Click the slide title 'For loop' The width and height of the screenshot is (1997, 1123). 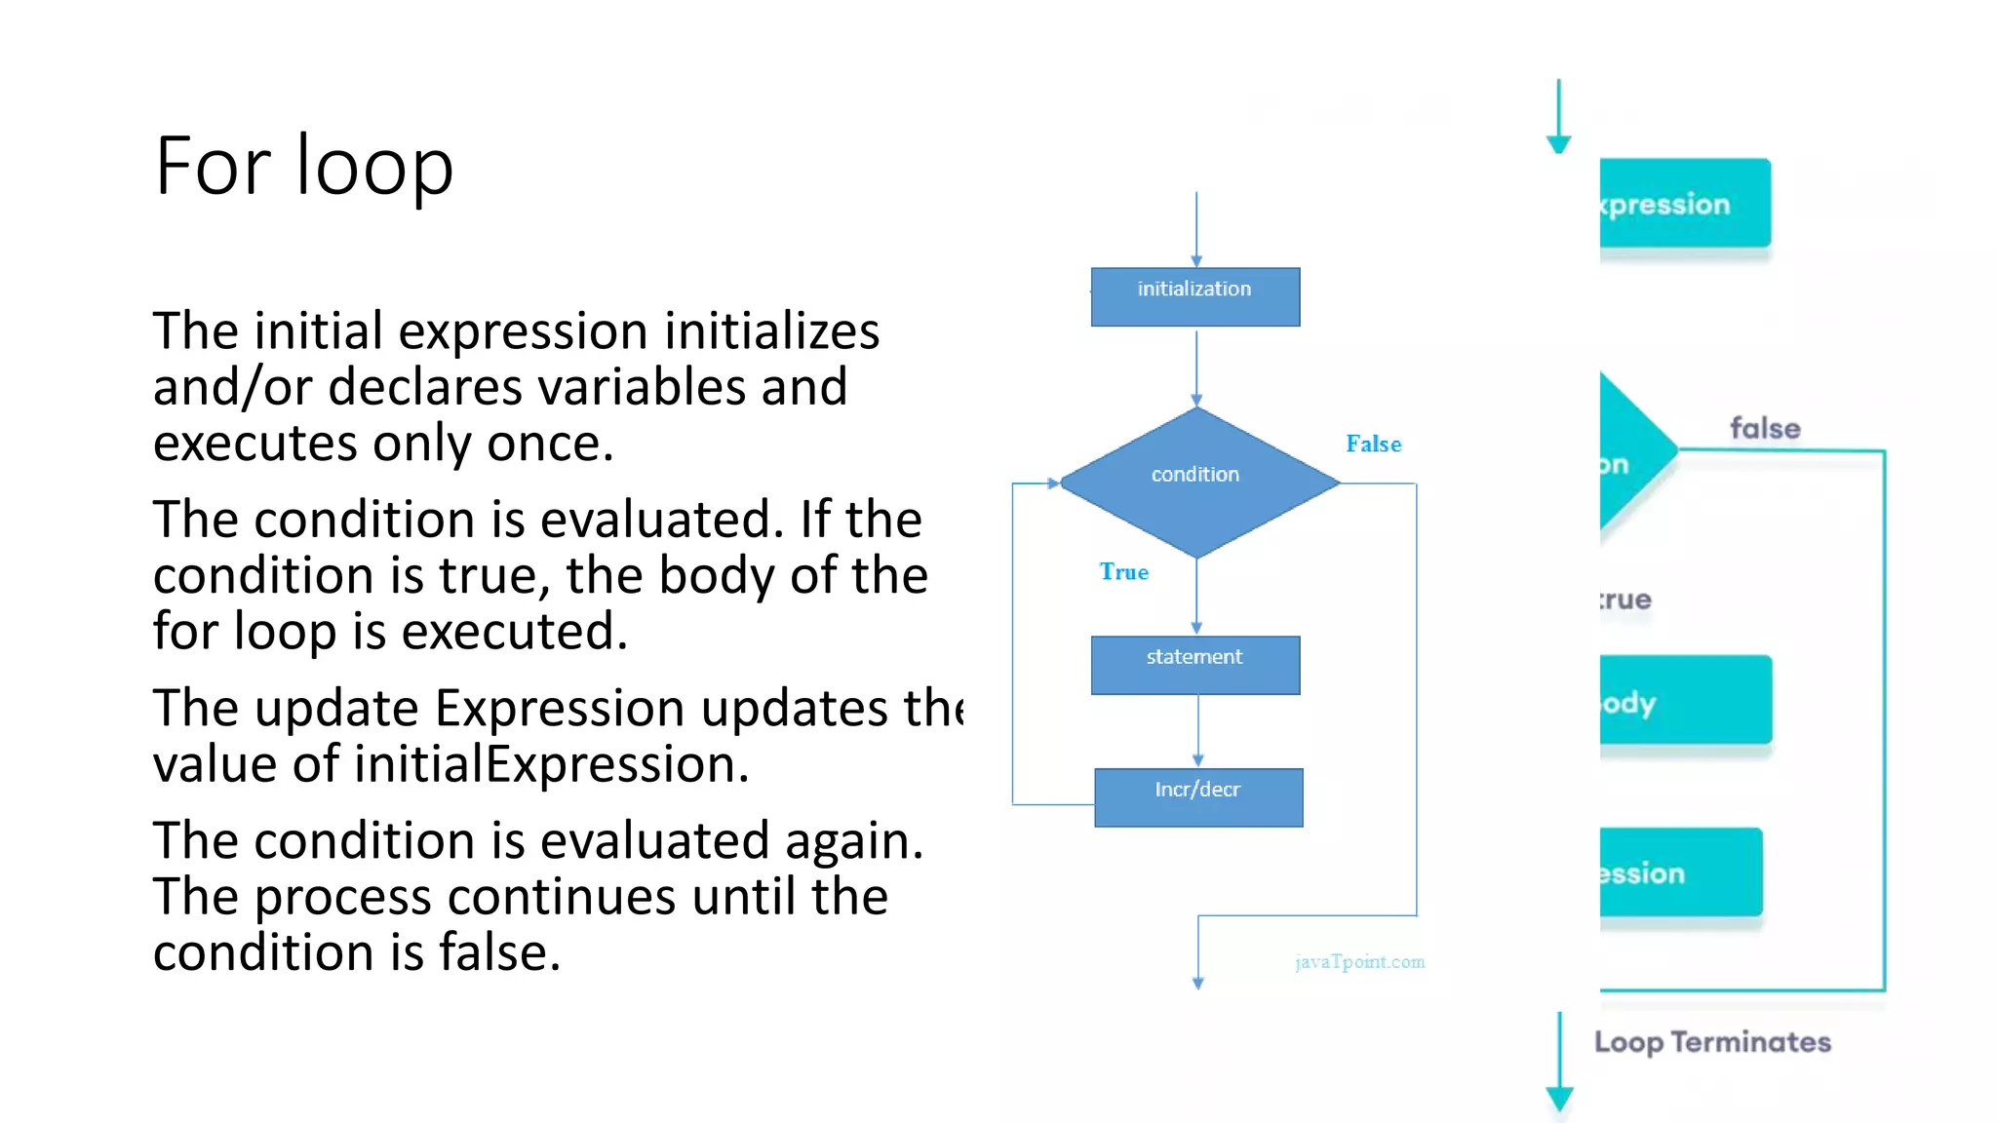303,166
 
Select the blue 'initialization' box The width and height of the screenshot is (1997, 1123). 1194,296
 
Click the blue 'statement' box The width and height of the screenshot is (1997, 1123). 1194,665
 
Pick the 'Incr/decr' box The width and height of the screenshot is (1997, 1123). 1197,796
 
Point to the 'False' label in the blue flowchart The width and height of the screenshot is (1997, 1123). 1373,445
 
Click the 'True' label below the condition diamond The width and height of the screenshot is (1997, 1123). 1123,572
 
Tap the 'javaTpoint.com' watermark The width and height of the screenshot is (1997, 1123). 1359,962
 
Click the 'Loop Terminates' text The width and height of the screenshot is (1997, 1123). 1712,1042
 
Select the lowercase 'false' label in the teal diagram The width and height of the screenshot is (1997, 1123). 1765,428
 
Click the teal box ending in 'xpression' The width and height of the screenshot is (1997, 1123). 1684,204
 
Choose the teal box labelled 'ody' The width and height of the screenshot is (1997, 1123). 1685,701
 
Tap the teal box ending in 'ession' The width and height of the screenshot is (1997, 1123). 1680,872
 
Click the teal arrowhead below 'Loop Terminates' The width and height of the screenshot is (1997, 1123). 1559,1099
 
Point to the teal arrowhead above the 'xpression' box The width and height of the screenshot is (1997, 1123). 1558,143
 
